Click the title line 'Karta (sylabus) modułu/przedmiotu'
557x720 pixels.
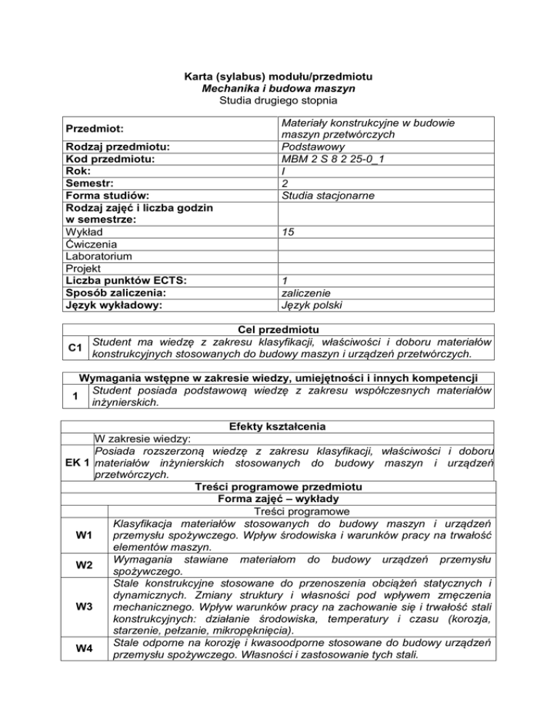tap(278, 76)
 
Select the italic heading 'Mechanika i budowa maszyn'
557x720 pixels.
tap(278, 88)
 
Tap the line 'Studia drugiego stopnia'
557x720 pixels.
tap(278, 101)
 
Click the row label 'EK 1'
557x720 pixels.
tap(75, 462)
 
